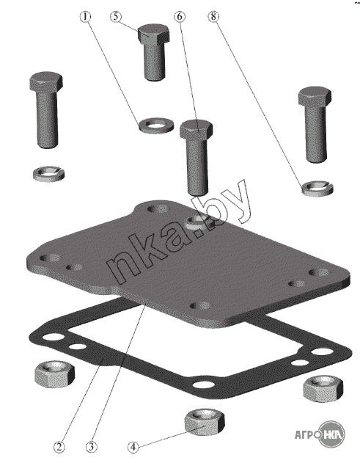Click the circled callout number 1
coord(85,17)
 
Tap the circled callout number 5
coord(116,17)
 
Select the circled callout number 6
coord(180,17)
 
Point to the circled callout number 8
coord(213,17)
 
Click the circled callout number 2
coord(59,447)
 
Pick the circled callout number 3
coord(91,447)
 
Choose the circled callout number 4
coord(133,448)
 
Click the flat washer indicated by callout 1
coord(155,125)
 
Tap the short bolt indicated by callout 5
coord(154,52)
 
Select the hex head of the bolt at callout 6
coord(196,129)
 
